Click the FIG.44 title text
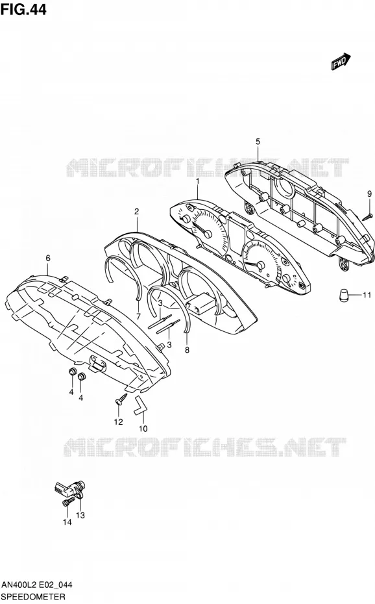pos(23,9)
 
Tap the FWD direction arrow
pos(341,62)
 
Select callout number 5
pos(258,142)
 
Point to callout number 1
pos(198,181)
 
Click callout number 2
pos(136,212)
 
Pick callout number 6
pos(48,258)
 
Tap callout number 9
pos(369,194)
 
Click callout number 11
pos(367,296)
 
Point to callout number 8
pos(187,350)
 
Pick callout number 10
pos(143,429)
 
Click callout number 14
pos(67,522)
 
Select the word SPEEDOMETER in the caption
pos(33,597)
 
